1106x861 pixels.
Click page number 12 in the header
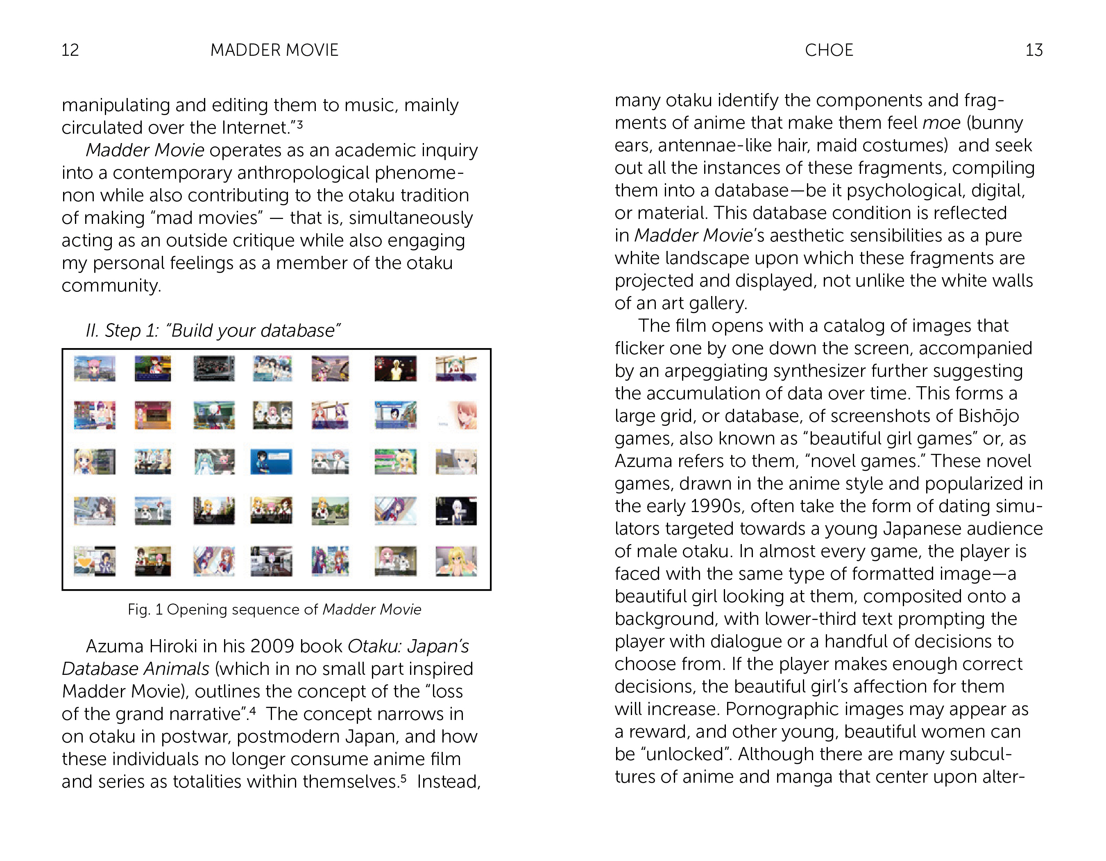70,50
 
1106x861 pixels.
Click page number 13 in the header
1033,50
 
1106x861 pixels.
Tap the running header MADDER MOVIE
274,50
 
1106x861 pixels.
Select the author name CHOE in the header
829,50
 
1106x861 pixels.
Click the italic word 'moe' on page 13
941,123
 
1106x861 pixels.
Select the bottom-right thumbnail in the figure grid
456,560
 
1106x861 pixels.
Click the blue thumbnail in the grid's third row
271,462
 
